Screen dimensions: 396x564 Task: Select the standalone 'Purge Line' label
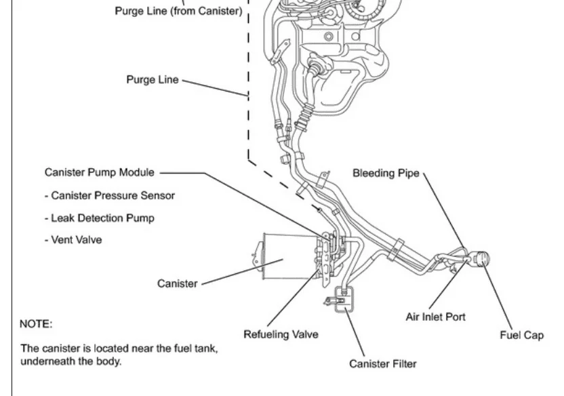(153, 79)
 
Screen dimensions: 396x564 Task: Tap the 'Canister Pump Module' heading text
(99, 172)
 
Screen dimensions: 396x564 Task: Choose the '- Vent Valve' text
(77, 240)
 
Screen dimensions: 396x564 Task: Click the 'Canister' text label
(178, 283)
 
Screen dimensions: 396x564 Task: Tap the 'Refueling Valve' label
(281, 334)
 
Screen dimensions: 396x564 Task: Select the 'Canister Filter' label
(383, 364)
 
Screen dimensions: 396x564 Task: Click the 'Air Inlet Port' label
(435, 317)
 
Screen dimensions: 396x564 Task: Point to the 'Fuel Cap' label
(521, 335)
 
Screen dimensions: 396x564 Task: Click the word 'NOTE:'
(36, 324)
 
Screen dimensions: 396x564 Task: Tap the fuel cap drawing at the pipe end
(481, 259)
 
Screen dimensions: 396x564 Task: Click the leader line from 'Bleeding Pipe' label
(444, 210)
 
